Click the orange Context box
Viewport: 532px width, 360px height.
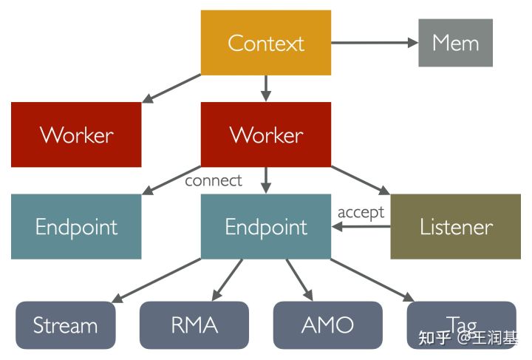(266, 43)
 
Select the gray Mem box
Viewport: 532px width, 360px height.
(455, 43)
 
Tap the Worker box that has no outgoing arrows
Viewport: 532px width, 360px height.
(76, 135)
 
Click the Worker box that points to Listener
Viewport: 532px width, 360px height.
(266, 135)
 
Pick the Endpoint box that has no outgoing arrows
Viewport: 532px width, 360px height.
(76, 226)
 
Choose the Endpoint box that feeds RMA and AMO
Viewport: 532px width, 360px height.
(266, 226)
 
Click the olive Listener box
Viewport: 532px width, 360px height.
(456, 226)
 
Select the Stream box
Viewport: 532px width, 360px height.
(66, 325)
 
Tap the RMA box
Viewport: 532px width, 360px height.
(194, 325)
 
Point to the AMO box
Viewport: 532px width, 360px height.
(327, 325)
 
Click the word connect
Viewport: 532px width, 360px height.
(213, 180)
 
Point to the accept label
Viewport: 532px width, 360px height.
(361, 212)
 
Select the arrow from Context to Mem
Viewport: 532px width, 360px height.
(374, 43)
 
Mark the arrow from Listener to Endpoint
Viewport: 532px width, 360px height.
(361, 227)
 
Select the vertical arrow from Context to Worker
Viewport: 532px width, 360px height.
(266, 88)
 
